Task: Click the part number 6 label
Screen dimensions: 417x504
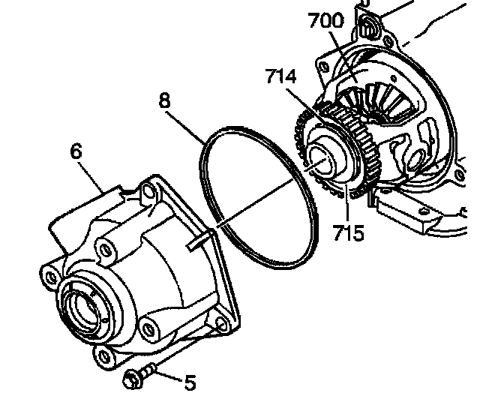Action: (x=75, y=151)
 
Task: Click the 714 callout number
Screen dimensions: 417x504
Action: (x=280, y=76)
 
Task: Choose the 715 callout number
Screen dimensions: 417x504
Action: (x=349, y=232)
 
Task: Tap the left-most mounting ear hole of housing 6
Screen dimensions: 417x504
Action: (x=50, y=277)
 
